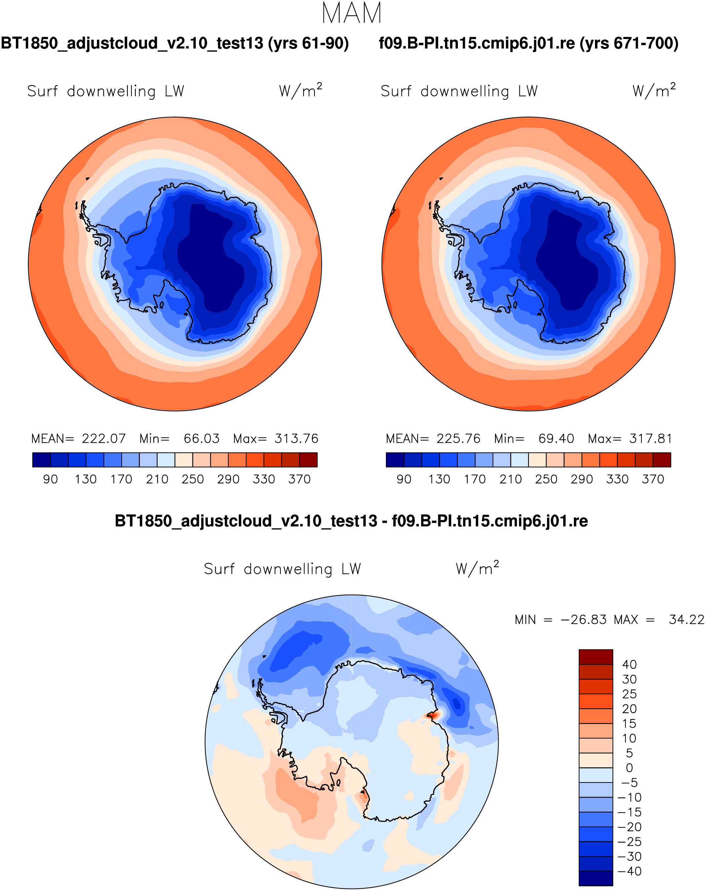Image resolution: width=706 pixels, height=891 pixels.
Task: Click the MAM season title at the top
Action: click(352, 13)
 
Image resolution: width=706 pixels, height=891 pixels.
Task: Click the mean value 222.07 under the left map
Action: click(104, 438)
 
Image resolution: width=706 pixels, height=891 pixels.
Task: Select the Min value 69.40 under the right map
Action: click(556, 438)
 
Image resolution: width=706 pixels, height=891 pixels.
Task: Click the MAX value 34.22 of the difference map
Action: click(686, 620)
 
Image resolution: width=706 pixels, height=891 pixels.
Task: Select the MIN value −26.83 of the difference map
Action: click(583, 620)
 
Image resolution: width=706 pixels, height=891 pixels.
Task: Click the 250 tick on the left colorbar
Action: click(192, 479)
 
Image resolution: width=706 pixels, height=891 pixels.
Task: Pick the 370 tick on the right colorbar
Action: click(653, 479)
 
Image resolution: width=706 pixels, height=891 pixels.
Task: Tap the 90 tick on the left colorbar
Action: click(50, 479)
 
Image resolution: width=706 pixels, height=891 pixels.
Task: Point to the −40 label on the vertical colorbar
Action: click(629, 871)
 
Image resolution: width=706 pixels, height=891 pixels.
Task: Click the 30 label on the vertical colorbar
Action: click(629, 679)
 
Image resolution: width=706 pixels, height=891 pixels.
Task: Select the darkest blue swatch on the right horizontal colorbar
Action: click(395, 460)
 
